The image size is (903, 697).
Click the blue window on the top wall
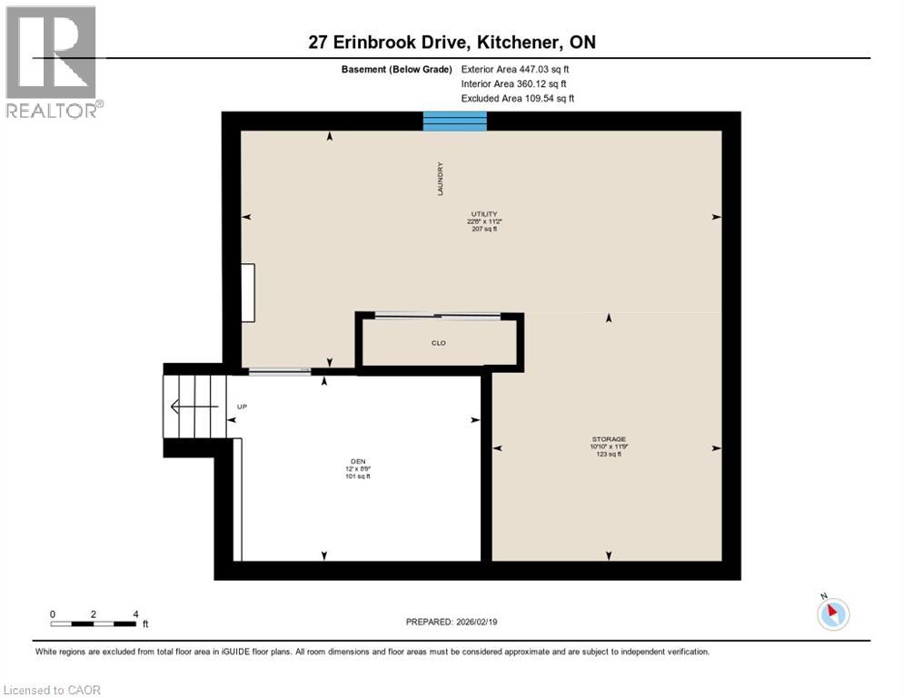click(455, 121)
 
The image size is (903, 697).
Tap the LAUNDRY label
click(440, 179)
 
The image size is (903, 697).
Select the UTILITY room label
click(482, 214)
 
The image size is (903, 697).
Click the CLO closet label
click(439, 343)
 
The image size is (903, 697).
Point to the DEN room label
click(358, 460)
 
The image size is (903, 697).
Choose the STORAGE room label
click(608, 439)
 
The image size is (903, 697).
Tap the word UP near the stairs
click(242, 407)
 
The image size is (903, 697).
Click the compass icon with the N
click(832, 613)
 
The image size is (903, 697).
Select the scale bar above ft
click(94, 623)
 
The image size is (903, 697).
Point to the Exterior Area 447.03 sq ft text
click(515, 69)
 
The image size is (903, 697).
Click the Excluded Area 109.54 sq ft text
click(517, 98)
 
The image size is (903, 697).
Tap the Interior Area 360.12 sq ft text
click(513, 83)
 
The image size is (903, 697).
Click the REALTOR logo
click(52, 63)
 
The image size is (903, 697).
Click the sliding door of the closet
click(439, 315)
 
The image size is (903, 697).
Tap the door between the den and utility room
click(279, 370)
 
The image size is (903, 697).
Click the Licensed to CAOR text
click(53, 690)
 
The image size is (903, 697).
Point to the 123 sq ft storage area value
click(608, 454)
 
